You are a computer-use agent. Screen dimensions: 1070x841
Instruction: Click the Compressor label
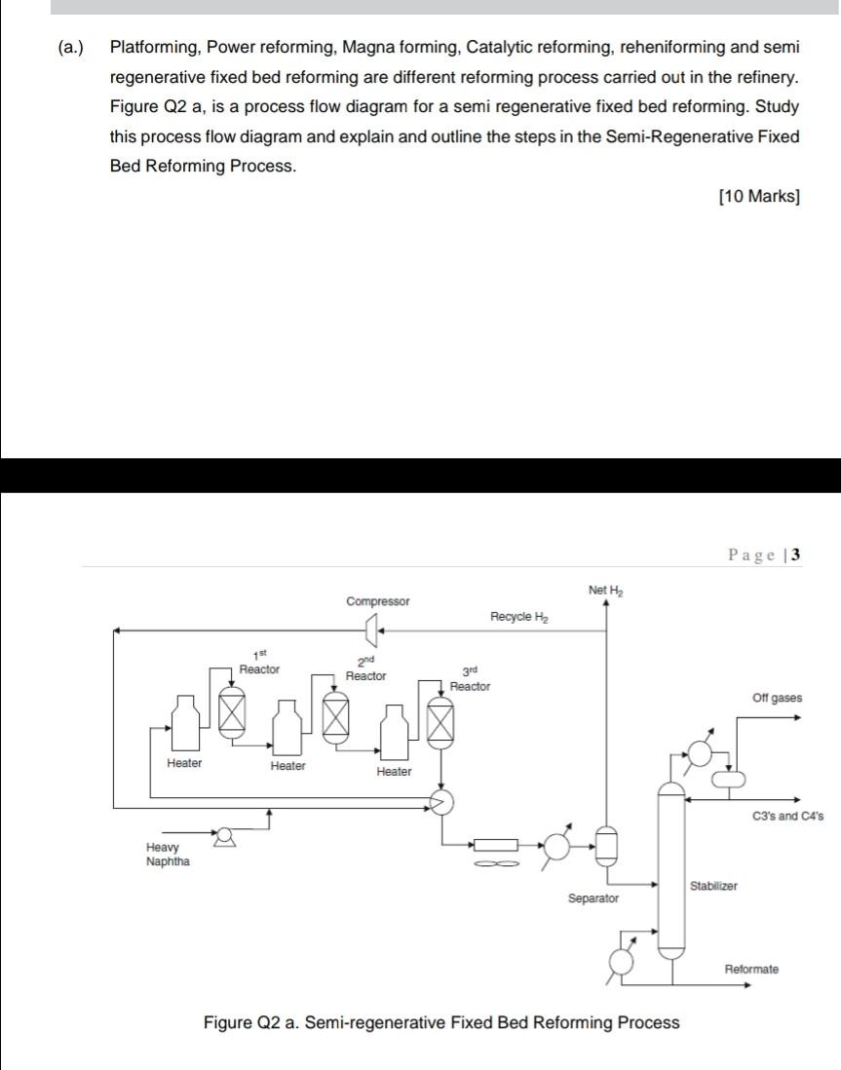[378, 601]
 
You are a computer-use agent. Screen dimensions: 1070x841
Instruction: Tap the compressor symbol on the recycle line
[370, 633]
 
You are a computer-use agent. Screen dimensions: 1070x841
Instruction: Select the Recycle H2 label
[519, 617]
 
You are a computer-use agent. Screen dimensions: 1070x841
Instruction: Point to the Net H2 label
[605, 591]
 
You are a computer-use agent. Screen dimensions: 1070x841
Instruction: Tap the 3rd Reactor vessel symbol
[441, 725]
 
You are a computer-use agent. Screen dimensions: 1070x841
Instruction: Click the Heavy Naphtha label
[168, 855]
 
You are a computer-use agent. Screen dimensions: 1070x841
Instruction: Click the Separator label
[593, 898]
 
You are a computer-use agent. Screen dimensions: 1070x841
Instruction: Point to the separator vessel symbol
[605, 845]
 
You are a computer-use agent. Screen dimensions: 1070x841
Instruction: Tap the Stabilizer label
[713, 886]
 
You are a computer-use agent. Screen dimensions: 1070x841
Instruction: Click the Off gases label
[778, 698]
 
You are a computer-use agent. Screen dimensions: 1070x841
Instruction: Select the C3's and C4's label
[788, 816]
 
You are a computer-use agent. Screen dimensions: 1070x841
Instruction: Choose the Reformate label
[751, 969]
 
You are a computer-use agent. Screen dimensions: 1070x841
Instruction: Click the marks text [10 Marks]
[758, 197]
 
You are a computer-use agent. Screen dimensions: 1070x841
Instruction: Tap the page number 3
[796, 555]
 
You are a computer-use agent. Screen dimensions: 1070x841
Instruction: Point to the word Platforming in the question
[154, 47]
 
